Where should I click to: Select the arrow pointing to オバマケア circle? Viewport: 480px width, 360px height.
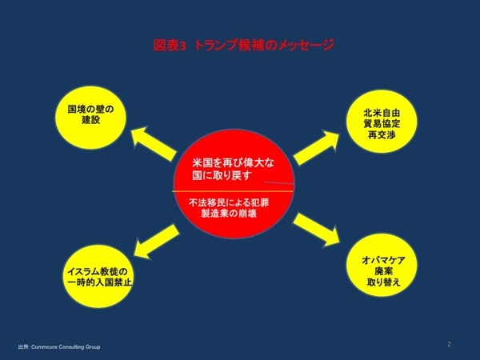[x=318, y=231]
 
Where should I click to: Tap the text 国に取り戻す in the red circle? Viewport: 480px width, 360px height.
[x=218, y=175]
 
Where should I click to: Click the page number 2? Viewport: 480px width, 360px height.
[x=449, y=344]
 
